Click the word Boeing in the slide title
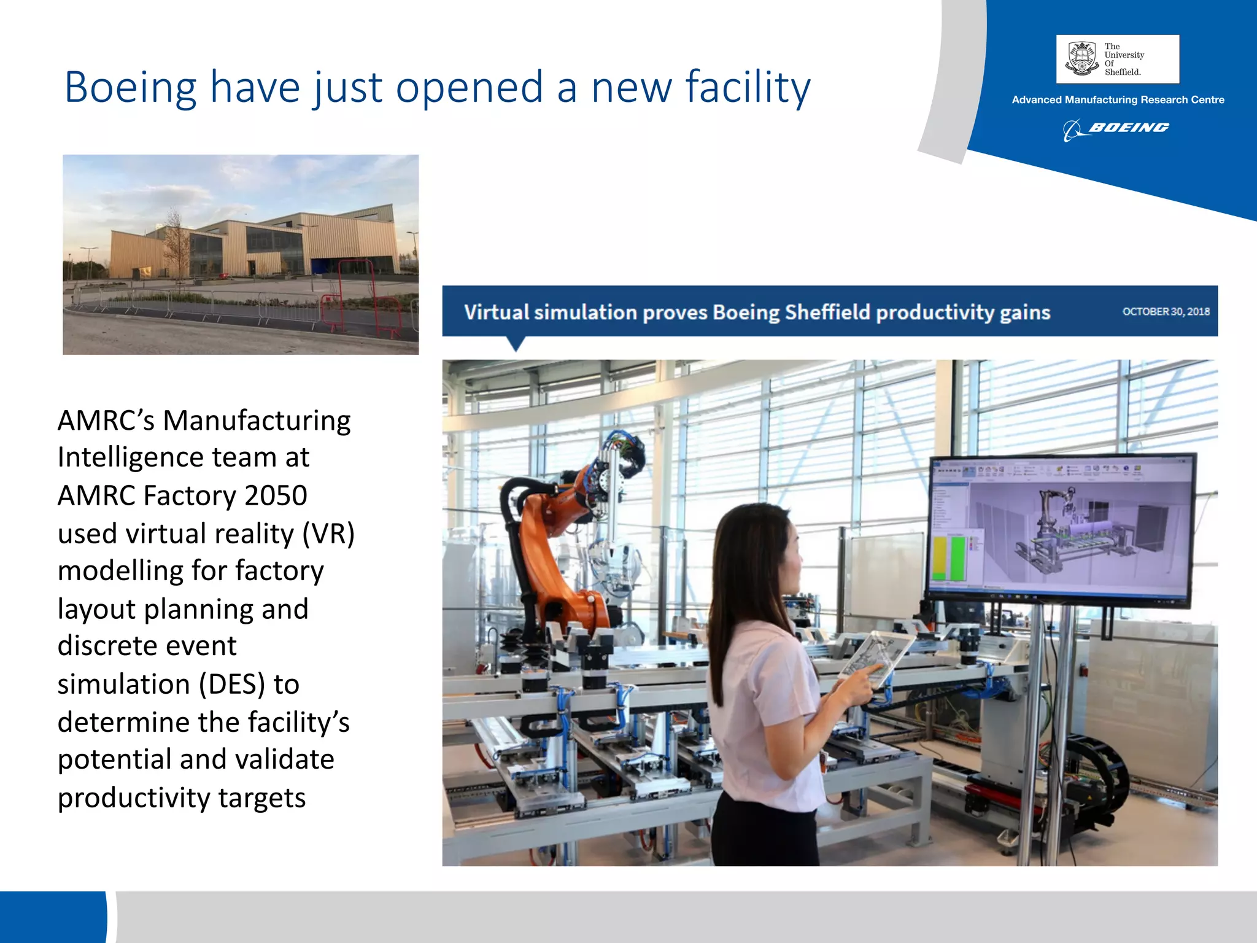click(x=130, y=87)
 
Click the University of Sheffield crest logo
click(x=1081, y=59)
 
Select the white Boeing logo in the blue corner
click(x=1116, y=128)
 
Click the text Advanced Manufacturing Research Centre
click(x=1118, y=99)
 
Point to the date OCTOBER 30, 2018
click(x=1166, y=311)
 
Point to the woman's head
click(x=761, y=553)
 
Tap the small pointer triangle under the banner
click(x=516, y=343)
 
